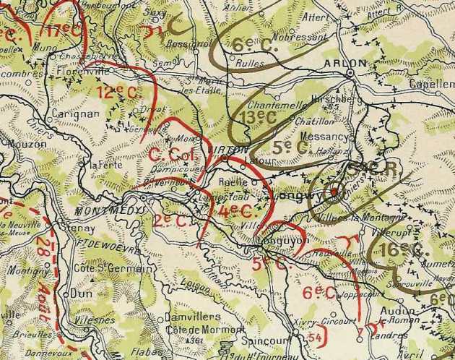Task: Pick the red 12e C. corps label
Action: point(115,92)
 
